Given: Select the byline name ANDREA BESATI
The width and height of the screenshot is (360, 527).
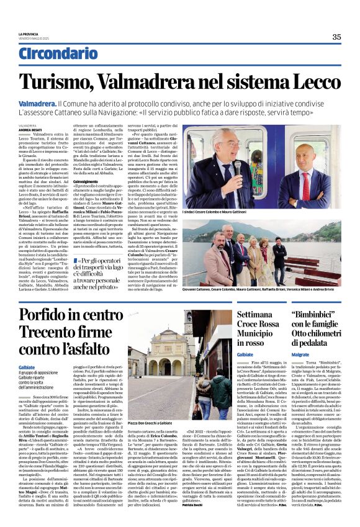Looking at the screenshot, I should [x=29, y=128].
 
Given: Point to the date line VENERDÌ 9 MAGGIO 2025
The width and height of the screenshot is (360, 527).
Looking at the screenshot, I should [x=41, y=41].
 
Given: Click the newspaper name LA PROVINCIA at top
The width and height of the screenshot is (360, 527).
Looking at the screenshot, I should [x=32, y=37].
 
